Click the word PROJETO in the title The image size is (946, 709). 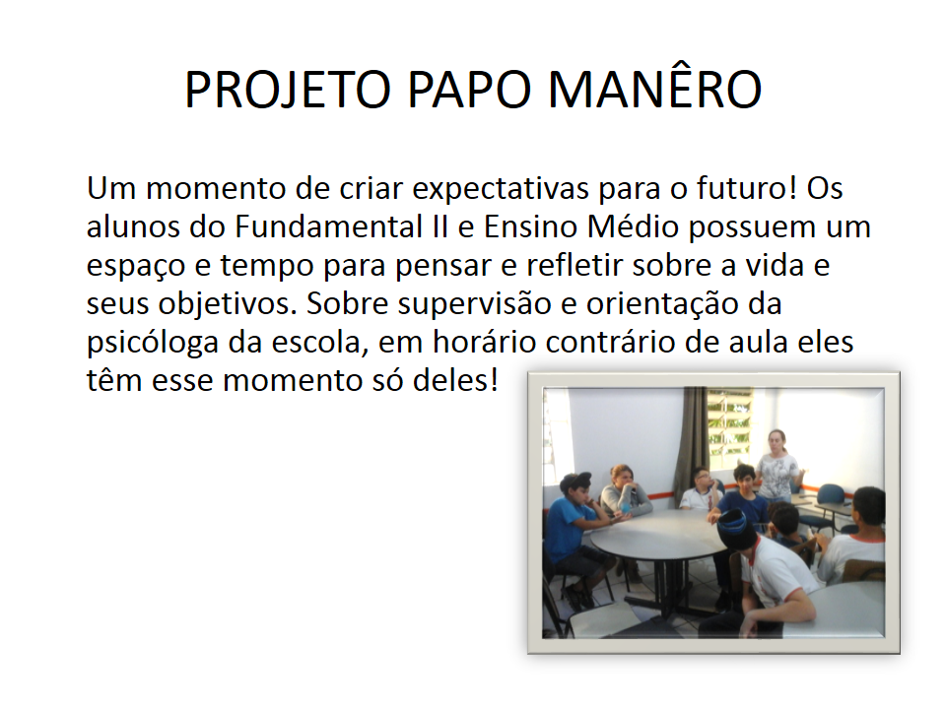288,90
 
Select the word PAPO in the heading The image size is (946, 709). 469,90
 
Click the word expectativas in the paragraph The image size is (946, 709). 501,189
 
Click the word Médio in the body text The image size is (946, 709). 633,226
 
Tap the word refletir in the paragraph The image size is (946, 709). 574,265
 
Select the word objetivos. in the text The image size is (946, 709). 228,305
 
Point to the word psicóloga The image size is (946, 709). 153,344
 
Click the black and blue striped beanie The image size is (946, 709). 735,526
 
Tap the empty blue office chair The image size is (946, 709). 830,500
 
